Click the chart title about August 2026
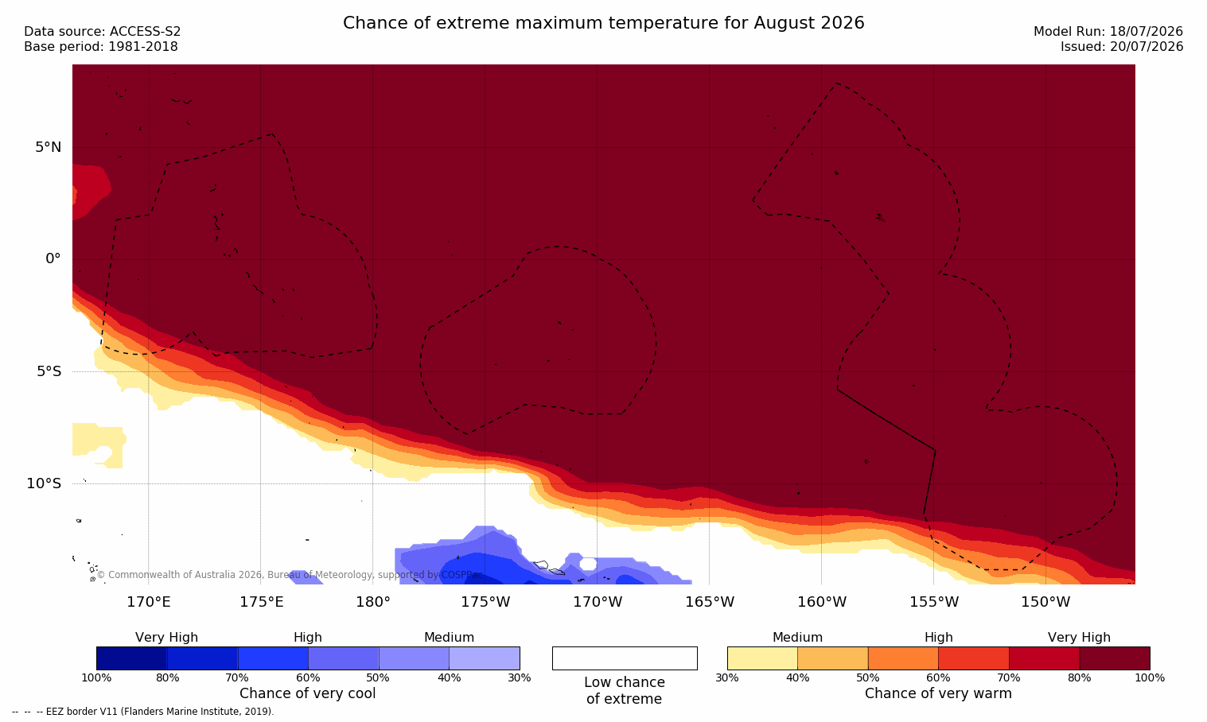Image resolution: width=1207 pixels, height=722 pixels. (x=603, y=23)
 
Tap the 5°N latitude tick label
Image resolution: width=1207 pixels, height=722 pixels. (x=49, y=147)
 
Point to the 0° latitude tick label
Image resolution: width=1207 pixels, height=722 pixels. (x=53, y=259)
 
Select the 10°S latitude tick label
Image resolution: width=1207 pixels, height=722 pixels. (x=45, y=483)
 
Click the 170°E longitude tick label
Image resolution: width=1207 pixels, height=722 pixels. (x=149, y=602)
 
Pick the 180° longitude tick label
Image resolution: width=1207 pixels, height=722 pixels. (x=373, y=602)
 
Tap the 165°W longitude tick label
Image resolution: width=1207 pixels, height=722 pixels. (x=710, y=602)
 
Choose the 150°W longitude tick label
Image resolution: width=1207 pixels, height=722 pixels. (x=1046, y=602)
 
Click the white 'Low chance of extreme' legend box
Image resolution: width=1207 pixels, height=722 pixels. (x=625, y=658)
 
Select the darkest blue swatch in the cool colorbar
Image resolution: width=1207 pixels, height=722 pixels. (x=132, y=658)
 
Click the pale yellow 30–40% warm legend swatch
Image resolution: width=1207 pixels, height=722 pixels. (x=762, y=658)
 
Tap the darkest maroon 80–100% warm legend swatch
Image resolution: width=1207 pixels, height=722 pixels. (x=1115, y=658)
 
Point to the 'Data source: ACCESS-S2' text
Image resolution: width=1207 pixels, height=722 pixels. (x=103, y=32)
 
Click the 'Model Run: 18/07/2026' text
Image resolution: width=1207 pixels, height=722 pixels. (x=1108, y=32)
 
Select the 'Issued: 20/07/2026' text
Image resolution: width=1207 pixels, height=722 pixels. (x=1122, y=47)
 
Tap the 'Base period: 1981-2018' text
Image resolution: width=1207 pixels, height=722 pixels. (x=101, y=47)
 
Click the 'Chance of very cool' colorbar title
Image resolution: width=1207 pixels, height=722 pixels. (x=308, y=693)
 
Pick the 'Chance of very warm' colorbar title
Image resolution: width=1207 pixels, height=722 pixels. (x=938, y=693)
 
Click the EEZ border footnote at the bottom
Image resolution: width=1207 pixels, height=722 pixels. (x=143, y=711)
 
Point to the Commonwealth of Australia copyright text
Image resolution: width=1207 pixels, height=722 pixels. (x=290, y=574)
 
